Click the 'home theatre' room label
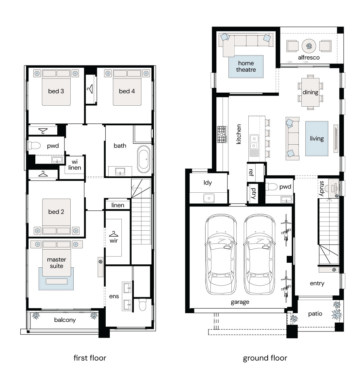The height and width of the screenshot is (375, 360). (246, 66)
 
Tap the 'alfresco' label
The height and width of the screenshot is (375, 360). (309, 57)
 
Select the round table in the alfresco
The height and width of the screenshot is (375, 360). (309, 46)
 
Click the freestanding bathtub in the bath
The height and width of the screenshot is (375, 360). (144, 159)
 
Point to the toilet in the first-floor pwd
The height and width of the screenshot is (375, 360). (34, 145)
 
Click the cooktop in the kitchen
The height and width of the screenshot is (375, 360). (222, 134)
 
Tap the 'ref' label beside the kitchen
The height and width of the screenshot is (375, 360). (251, 172)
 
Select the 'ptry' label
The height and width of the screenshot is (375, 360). (254, 193)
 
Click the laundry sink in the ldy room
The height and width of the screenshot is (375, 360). (209, 198)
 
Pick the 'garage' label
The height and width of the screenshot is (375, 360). (240, 302)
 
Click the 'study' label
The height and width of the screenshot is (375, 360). (322, 188)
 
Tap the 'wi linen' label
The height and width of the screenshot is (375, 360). (75, 165)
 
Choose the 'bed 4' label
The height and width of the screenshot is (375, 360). (127, 91)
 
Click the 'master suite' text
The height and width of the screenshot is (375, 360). (56, 262)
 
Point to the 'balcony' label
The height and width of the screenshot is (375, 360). (65, 320)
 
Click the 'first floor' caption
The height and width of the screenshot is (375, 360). (90, 358)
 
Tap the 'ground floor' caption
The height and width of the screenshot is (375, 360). (265, 358)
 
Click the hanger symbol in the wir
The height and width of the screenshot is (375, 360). (113, 234)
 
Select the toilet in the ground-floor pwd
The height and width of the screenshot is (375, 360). (271, 187)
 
